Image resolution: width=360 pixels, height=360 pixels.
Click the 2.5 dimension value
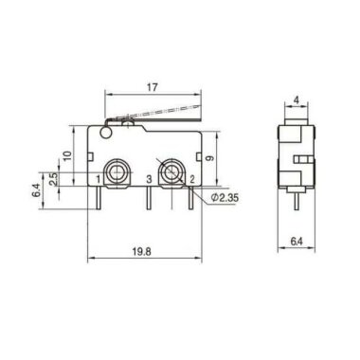pyautogui.click(x=54, y=178)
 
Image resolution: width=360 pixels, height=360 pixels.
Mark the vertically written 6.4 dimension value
pyautogui.click(x=35, y=189)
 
